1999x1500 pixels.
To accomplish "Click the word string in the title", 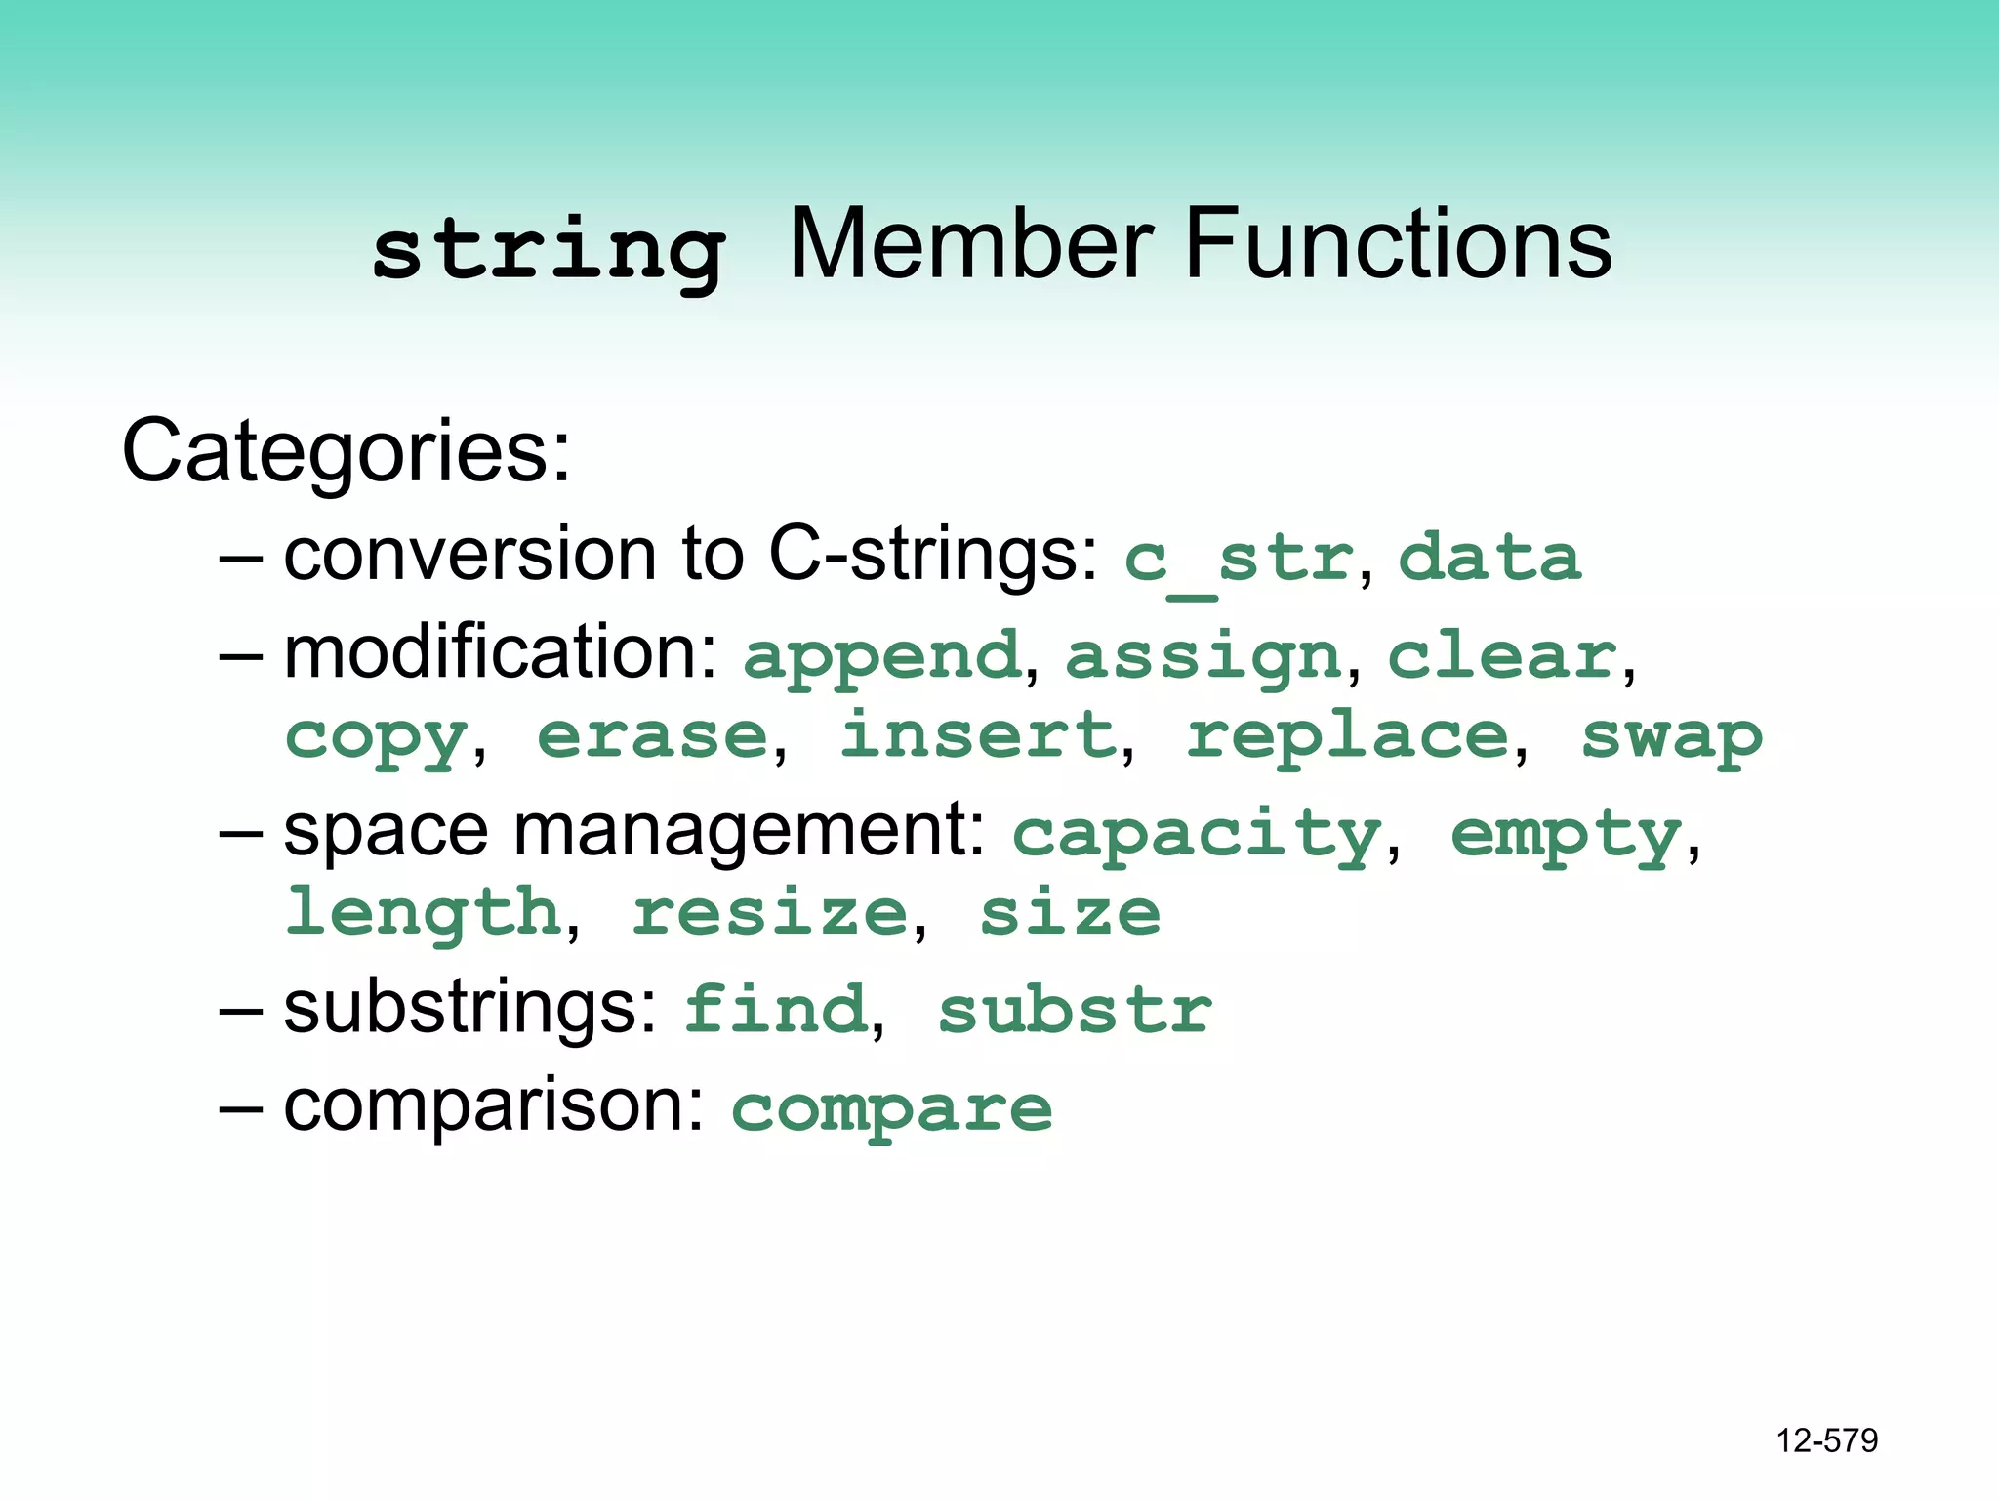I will (549, 251).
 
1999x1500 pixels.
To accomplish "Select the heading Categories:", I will (346, 451).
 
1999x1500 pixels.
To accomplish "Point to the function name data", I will (1489, 558).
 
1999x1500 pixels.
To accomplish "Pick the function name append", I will (882, 656).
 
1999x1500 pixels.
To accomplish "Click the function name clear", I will (1502, 655).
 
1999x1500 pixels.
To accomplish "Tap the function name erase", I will (653, 735).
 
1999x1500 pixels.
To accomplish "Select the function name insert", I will (978, 735).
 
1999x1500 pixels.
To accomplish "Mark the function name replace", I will (1348, 737).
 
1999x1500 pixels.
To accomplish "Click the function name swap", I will (1672, 737).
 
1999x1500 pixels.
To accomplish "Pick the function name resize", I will (770, 913).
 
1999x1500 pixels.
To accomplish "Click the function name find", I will (775, 1009).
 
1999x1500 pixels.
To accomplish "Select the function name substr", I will (1075, 1010).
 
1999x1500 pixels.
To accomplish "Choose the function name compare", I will (892, 1110).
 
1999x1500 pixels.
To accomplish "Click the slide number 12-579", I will (1826, 1440).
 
